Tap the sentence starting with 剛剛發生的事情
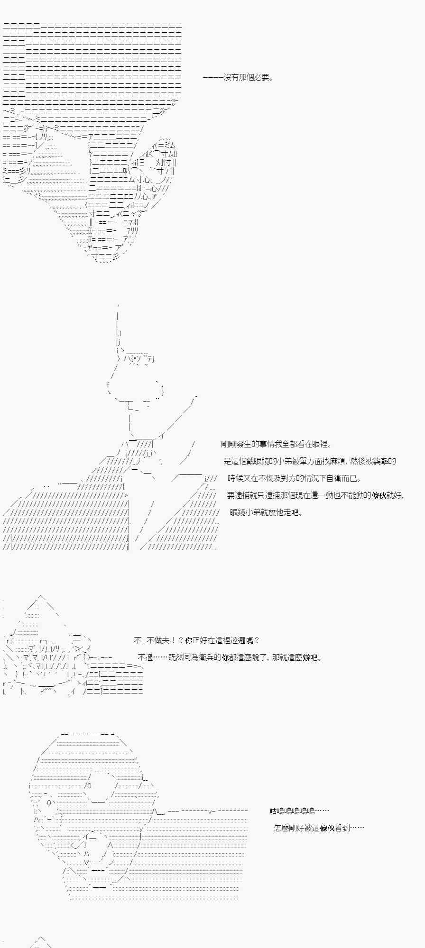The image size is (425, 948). click(276, 444)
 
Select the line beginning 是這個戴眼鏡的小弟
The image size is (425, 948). click(310, 461)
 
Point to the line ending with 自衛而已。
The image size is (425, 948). click(294, 478)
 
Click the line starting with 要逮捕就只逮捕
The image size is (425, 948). click(315, 495)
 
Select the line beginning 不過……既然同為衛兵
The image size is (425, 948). click(230, 657)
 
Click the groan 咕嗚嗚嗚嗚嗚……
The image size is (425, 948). click(300, 811)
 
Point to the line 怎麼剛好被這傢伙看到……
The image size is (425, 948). click(319, 828)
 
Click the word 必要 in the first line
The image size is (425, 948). click(260, 77)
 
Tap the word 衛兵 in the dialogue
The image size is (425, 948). click(222, 657)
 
